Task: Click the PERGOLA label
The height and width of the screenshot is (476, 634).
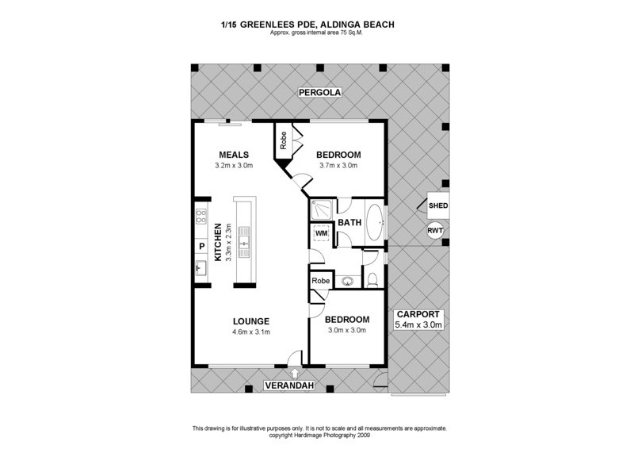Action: [319, 93]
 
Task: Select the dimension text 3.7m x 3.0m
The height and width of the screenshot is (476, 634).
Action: [338, 166]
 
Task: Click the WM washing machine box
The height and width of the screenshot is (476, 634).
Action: [321, 234]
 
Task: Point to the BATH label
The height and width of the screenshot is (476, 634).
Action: [349, 223]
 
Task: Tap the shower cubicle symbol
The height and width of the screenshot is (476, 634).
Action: [323, 209]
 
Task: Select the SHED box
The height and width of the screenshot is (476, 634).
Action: [437, 206]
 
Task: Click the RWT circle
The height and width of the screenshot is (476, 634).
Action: [435, 231]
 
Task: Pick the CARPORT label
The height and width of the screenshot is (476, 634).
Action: [418, 313]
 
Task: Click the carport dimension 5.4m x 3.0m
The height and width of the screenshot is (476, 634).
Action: [418, 324]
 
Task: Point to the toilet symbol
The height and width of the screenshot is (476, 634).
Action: [372, 278]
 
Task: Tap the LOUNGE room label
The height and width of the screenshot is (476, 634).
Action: [251, 321]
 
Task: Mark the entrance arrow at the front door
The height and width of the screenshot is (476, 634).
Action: [295, 371]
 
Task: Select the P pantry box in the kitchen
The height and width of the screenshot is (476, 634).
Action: [201, 247]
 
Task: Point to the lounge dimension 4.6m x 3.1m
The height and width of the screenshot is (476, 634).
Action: [251, 332]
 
